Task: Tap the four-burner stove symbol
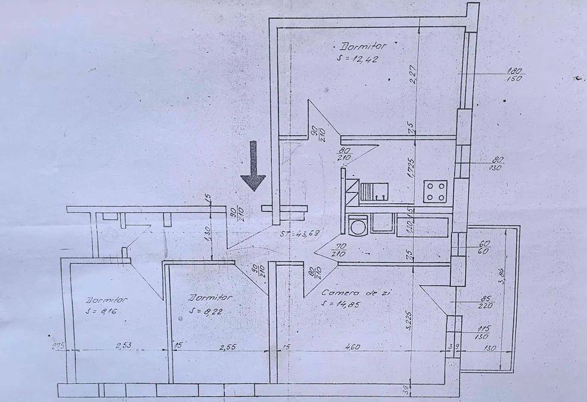coord(436,192)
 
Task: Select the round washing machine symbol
coord(358,226)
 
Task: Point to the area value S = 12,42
coord(358,60)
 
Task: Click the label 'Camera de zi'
coord(346,293)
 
